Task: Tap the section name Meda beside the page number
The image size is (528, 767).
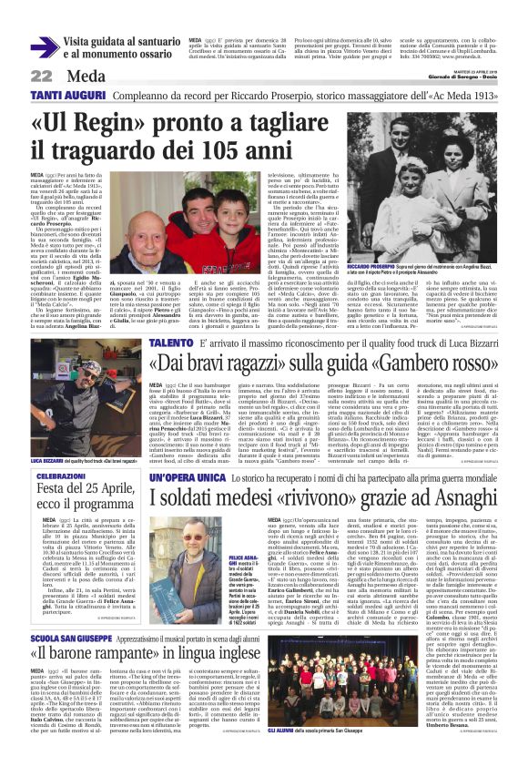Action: pos(86,76)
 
